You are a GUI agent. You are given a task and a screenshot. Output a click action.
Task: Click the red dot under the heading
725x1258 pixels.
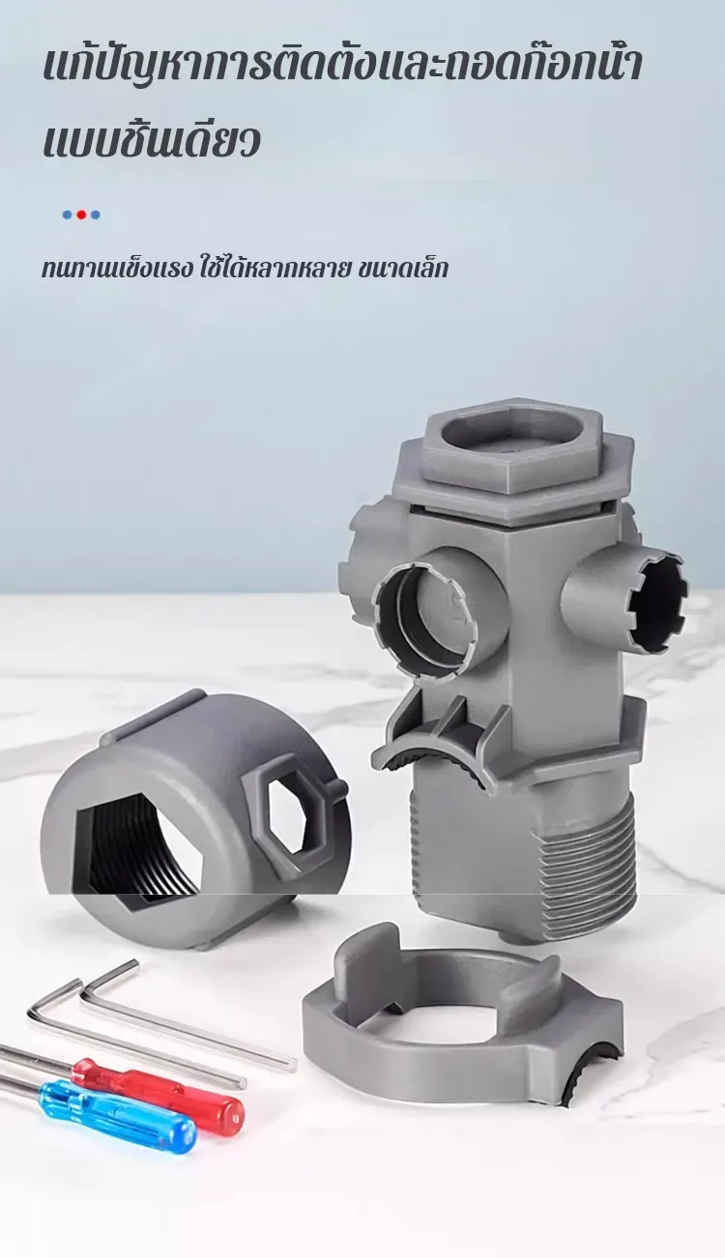tap(81, 214)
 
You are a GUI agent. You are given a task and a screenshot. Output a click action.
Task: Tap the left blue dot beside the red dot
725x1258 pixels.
tap(68, 214)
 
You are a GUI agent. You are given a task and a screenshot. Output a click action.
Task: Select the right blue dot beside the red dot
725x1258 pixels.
tap(96, 214)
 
